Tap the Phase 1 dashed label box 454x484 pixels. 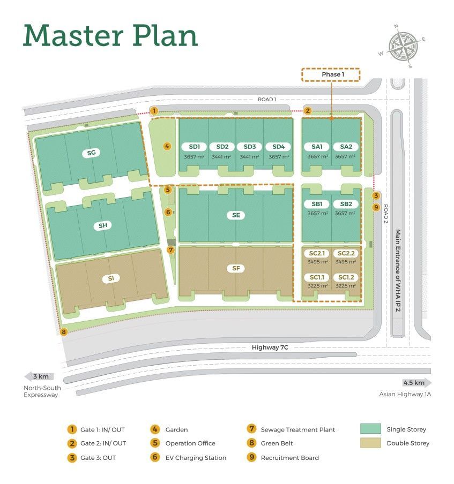coord(331,74)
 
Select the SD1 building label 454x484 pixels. coord(194,147)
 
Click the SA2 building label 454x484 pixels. coord(346,147)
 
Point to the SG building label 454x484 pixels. coord(91,153)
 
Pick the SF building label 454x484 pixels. coord(235,269)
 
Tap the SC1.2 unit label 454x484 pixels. coord(345,277)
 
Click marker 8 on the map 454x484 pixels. coord(64,332)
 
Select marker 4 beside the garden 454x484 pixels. coord(167,146)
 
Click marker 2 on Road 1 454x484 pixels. coord(308,111)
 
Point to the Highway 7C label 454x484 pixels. coord(270,347)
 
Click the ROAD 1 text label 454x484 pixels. coord(266,100)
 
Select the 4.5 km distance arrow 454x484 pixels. coord(416,383)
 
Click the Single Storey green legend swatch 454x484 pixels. coord(370,429)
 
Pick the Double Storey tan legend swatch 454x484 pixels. coord(370,443)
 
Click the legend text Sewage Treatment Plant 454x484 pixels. coord(297,429)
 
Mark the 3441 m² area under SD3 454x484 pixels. coord(249,157)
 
